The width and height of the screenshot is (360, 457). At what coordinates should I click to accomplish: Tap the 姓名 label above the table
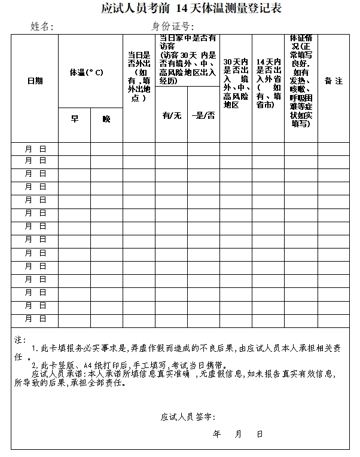(42, 26)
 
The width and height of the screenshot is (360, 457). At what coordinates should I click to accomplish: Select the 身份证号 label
(174, 26)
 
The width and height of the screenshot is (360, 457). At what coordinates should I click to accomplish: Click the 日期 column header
(35, 81)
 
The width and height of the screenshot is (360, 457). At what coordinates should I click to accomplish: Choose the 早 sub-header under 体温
(75, 119)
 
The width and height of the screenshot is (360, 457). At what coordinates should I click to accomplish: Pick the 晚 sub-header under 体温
(106, 119)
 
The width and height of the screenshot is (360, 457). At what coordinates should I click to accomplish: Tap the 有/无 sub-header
(172, 115)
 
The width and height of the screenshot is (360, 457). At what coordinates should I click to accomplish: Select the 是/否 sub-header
(203, 115)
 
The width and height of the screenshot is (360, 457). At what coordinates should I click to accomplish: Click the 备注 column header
(333, 81)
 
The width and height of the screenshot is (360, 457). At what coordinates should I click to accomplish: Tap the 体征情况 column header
(301, 81)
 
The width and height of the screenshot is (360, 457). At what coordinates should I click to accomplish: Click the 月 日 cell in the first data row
(35, 148)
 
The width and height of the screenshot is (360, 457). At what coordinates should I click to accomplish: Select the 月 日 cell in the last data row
(35, 319)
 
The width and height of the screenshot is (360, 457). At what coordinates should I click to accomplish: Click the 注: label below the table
(20, 339)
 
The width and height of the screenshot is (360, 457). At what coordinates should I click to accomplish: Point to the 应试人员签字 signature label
(188, 416)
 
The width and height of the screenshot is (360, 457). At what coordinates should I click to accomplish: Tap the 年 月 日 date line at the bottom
(237, 434)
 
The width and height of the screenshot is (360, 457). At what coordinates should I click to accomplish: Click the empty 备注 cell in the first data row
(333, 148)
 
